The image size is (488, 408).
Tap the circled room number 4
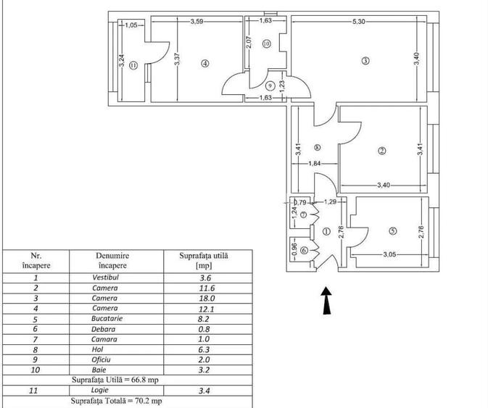(205, 64)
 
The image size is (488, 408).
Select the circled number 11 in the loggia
(134, 64)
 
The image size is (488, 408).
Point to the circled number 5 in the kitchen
(392, 231)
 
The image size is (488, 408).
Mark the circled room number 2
(381, 151)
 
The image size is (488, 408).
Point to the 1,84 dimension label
(315, 163)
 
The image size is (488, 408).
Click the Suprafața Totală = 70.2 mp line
(116, 400)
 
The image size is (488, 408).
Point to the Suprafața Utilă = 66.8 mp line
(116, 380)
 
